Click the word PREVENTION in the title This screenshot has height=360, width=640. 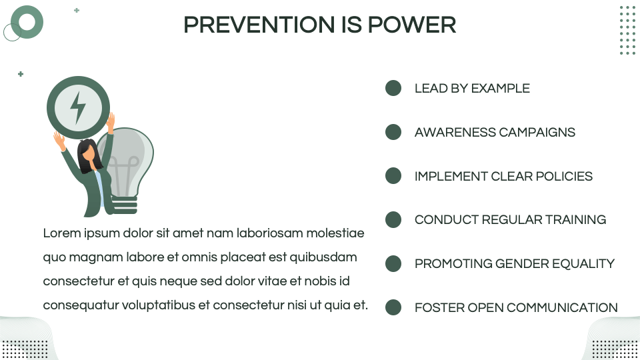[259, 25]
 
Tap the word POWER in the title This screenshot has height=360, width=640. [412, 25]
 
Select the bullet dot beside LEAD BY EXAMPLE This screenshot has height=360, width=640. [393, 88]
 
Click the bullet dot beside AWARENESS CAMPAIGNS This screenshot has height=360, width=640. [393, 132]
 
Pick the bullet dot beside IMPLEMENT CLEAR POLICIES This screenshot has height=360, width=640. [393, 176]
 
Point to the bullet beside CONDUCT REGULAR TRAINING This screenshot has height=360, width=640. [393, 219]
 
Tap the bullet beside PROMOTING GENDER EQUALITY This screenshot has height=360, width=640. [393, 264]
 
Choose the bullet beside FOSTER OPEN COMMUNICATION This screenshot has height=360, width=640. [393, 307]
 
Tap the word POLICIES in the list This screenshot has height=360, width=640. [564, 176]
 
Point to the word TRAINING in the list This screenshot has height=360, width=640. [575, 219]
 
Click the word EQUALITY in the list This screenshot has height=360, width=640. [583, 264]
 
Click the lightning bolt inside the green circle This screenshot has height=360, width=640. [77, 107]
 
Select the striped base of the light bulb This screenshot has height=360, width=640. [125, 205]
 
